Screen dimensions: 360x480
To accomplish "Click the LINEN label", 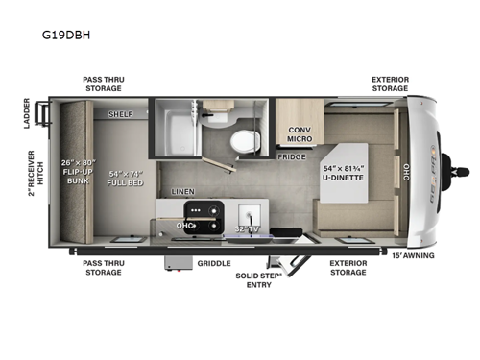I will [x=183, y=192].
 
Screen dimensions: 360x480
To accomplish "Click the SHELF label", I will [x=120, y=112].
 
